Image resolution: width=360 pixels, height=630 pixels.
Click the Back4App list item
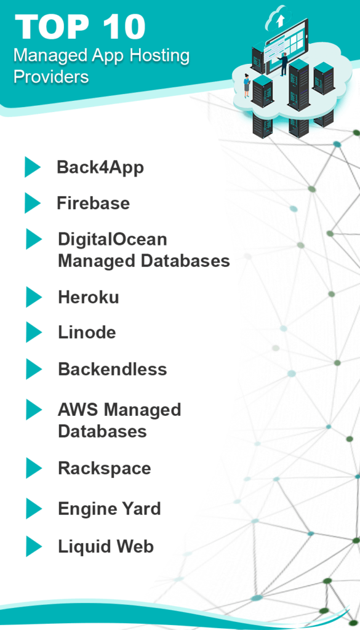point(100,168)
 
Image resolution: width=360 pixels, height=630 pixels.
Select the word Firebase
point(93,203)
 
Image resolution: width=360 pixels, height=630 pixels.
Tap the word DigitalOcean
point(113,240)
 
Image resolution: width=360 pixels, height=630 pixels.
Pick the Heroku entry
point(89,298)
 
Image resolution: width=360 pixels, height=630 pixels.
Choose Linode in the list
point(87,332)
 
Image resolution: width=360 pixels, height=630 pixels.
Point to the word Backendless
point(113,369)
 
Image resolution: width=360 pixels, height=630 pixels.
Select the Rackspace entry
point(105,468)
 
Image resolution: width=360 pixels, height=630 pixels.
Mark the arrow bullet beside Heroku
point(34,297)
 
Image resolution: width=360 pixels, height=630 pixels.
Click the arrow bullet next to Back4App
point(33,167)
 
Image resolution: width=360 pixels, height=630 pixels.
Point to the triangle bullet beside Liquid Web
point(34,546)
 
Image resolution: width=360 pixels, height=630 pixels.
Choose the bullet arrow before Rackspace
point(34,468)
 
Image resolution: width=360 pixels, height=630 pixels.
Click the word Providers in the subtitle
point(51,76)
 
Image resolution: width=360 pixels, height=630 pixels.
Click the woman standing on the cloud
point(247,86)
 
